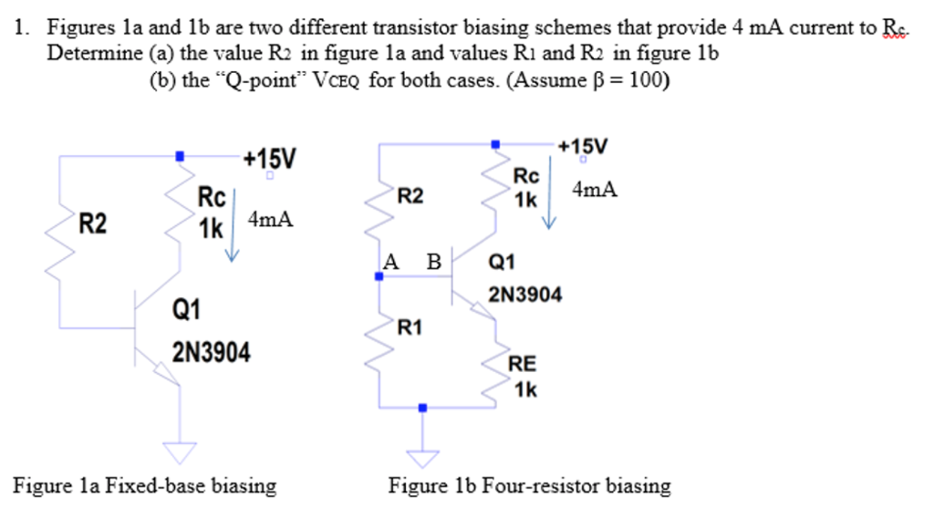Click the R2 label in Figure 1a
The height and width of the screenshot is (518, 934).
coord(92,223)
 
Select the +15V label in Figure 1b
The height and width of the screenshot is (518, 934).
coord(583,146)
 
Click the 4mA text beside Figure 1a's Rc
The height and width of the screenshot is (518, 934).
coord(271,220)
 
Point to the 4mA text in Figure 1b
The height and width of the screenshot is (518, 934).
coord(595,190)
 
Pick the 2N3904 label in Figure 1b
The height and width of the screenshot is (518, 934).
coord(526,295)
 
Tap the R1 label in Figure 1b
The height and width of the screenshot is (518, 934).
coord(410,326)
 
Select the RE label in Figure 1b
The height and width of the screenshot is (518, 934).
coord(523,364)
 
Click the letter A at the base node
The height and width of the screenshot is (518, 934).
coord(391,262)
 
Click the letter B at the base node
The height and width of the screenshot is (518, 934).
coord(434,262)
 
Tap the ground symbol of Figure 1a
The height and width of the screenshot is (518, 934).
coord(180,451)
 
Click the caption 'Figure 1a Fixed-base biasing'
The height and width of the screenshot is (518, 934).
coord(144,485)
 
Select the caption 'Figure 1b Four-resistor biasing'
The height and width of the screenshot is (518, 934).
coord(529,485)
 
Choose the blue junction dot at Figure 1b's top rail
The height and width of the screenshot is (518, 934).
coord(495,143)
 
